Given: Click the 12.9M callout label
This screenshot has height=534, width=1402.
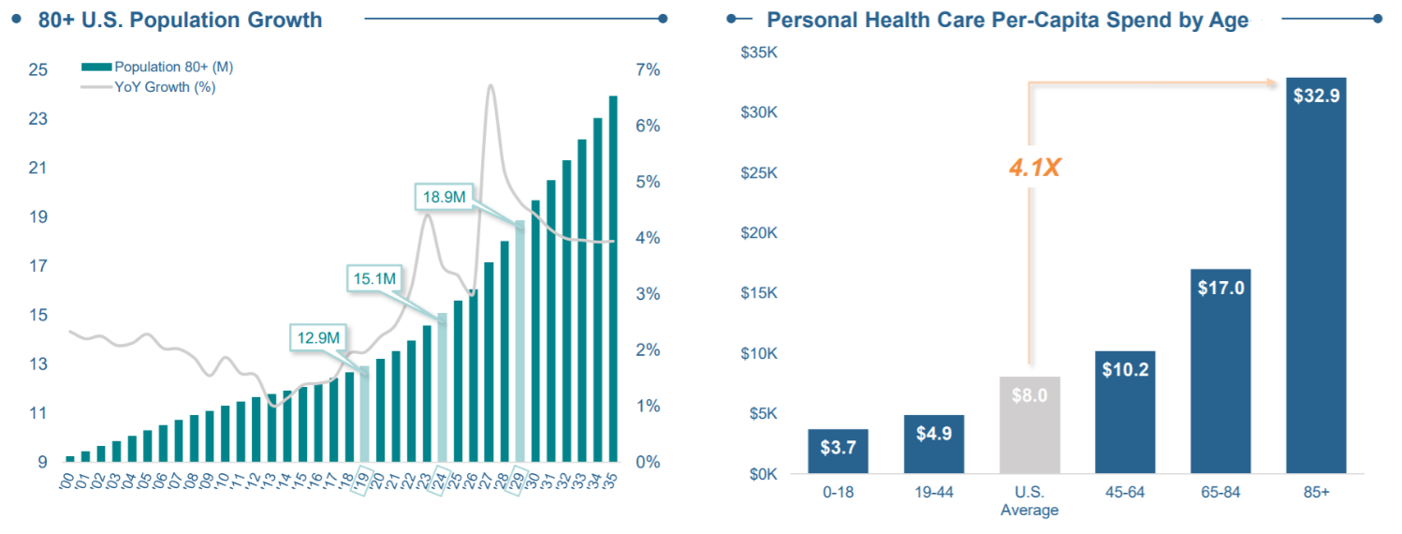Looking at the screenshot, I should tap(318, 337).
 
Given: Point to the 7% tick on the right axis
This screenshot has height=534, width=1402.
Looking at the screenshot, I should tap(649, 70).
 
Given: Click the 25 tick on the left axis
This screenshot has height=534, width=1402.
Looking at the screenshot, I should tap(38, 70).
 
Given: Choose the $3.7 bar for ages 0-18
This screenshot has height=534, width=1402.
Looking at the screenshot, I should tap(838, 451).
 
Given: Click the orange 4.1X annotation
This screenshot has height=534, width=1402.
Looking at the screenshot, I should tap(1034, 169).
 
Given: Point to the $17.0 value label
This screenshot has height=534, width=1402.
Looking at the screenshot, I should tap(1220, 288).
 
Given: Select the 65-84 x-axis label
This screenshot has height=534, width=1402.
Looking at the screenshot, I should tap(1220, 493).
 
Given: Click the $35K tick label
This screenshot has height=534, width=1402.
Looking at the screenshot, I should tap(758, 52).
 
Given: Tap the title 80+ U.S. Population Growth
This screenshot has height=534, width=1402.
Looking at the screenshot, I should tap(181, 20).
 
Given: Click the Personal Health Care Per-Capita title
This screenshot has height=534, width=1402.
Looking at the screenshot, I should tap(1007, 20).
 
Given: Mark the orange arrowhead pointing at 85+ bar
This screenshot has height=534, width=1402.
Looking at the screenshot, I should tap(1275, 83).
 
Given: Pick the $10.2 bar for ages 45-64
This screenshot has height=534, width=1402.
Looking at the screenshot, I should tap(1124, 412).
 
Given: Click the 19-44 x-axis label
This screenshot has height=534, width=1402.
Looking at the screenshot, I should tap(933, 493).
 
